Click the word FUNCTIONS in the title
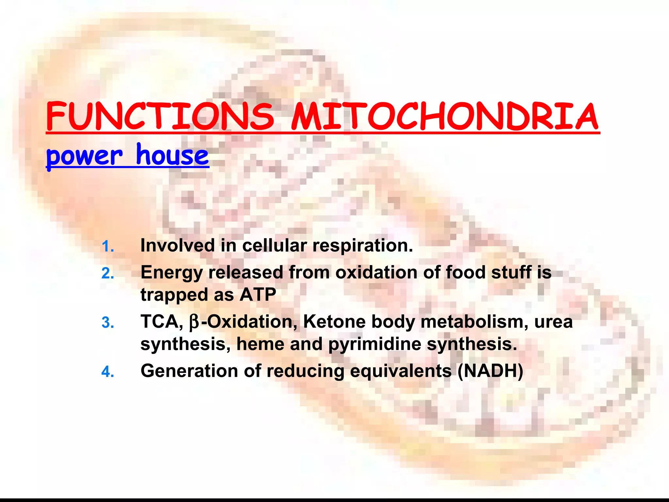tap(160, 117)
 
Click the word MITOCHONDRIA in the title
tap(445, 117)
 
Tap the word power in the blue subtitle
tap(84, 156)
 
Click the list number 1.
tap(107, 246)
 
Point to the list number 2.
tap(107, 274)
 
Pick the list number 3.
tap(107, 323)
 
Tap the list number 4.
tap(107, 372)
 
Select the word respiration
tap(363, 246)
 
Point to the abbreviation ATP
tap(258, 294)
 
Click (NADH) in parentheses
tap(490, 371)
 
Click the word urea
tap(553, 322)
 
